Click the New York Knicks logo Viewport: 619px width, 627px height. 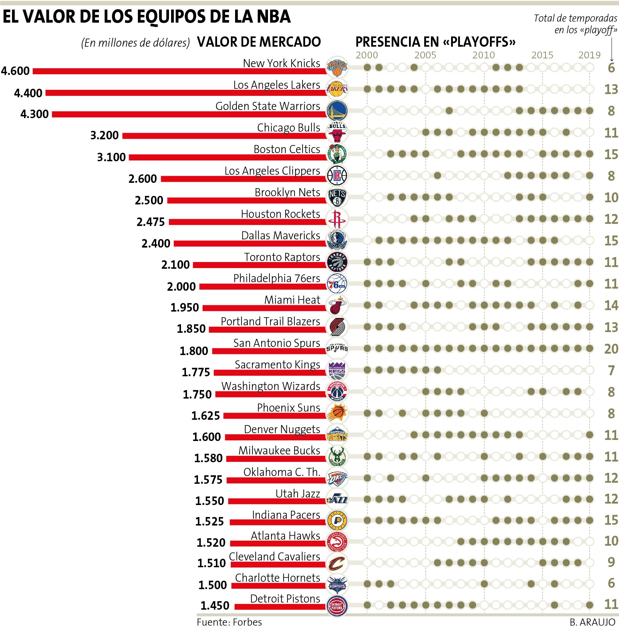pos(337,66)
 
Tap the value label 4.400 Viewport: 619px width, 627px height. pos(28,93)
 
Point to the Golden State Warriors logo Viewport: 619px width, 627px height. pos(337,110)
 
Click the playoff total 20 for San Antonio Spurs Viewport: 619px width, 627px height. pos(611,349)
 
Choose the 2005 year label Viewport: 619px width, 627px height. pos(425,55)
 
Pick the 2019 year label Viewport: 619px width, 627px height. pos(589,55)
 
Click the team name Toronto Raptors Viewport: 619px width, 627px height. pos(282,257)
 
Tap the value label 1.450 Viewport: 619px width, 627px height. pos(215,606)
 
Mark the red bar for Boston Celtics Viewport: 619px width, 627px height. pos(227,157)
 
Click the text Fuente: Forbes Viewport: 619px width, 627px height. pos(229,622)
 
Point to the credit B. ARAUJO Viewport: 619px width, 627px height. pos(592,622)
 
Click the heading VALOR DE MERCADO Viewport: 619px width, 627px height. pos(259,42)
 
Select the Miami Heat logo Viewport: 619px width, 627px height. pos(337,305)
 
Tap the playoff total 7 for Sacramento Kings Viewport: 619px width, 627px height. pos(611,370)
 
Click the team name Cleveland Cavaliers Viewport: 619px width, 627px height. pos(274,557)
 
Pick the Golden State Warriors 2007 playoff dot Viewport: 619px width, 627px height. pos(449,111)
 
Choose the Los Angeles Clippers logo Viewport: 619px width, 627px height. pos(337,175)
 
